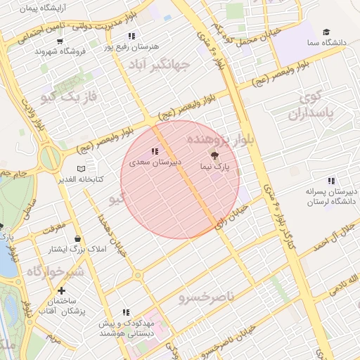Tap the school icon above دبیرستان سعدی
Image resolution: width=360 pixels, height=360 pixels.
(x=155, y=150)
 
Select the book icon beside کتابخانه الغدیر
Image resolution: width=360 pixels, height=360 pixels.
(x=82, y=169)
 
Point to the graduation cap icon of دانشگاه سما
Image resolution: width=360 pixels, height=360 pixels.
(x=326, y=32)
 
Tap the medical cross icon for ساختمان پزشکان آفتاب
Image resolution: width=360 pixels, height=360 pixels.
(x=62, y=290)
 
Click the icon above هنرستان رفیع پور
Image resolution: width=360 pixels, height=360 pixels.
(x=131, y=36)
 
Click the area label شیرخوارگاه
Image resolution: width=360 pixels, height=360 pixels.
(x=56, y=271)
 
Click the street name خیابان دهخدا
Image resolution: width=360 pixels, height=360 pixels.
(x=113, y=236)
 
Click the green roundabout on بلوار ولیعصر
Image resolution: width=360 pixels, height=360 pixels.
(x=50, y=157)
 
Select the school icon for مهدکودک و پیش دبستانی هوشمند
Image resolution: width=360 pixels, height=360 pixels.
(x=126, y=312)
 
